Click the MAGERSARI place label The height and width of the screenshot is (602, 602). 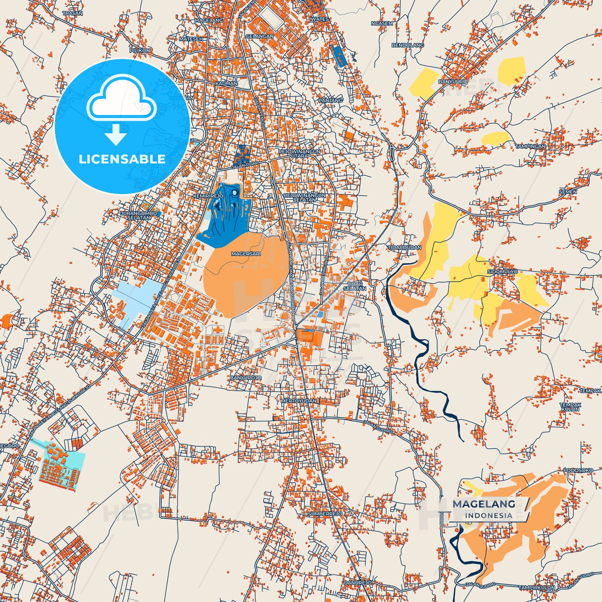pos(246,254)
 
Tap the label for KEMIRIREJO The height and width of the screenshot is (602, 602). pos(208,196)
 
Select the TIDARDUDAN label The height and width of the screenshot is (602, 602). pos(405,247)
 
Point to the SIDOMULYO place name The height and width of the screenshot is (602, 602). pos(502,272)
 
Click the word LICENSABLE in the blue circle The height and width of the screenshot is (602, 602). pos(122,159)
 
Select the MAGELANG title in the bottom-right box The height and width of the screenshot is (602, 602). pos(484,504)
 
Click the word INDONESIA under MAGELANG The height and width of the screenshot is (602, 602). pos(488,515)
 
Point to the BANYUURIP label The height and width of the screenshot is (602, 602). pos(453,82)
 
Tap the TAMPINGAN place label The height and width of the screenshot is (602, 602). pos(530,146)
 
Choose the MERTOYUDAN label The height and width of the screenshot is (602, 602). pos(299,401)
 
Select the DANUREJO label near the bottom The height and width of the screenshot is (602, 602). pos(357,582)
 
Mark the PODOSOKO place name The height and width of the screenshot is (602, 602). pos(578,470)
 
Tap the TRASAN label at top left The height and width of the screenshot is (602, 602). pos(72,13)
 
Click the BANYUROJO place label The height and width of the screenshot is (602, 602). pos(246,378)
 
